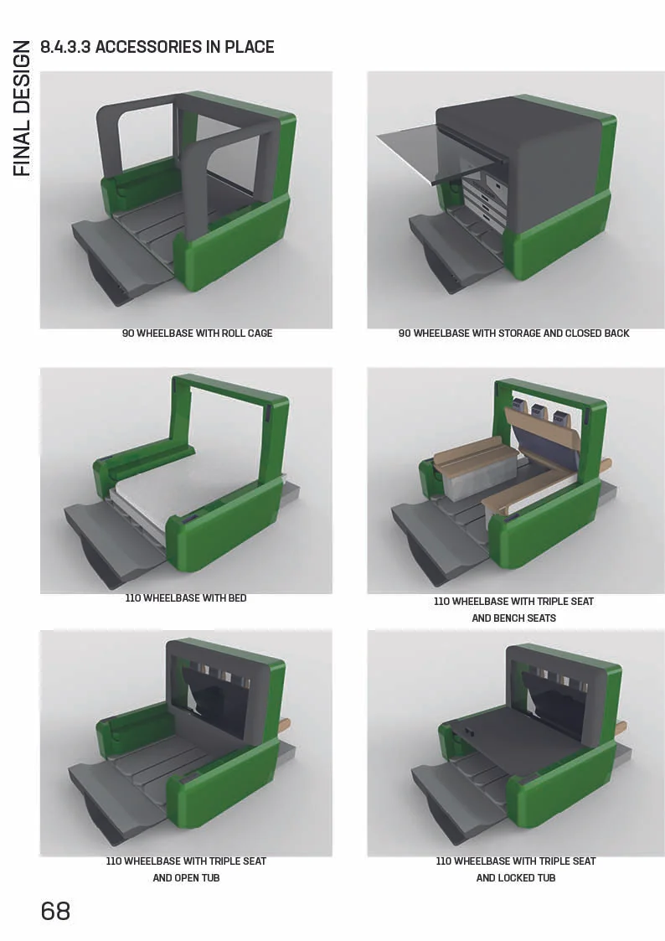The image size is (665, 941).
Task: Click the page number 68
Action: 55,911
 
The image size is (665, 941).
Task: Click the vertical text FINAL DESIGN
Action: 23,108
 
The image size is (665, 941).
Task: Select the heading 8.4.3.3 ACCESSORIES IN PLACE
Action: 157,47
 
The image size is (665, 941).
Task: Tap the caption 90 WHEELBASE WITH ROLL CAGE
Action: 198,333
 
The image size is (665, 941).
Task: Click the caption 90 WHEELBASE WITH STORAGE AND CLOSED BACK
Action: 513,333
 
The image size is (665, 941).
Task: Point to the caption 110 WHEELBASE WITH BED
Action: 186,598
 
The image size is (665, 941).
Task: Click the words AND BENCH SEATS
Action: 513,618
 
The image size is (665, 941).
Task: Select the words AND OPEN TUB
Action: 186,878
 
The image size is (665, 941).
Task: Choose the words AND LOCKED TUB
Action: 515,878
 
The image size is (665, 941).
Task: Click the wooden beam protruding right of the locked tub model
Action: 620,728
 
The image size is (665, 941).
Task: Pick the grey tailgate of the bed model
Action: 109,524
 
